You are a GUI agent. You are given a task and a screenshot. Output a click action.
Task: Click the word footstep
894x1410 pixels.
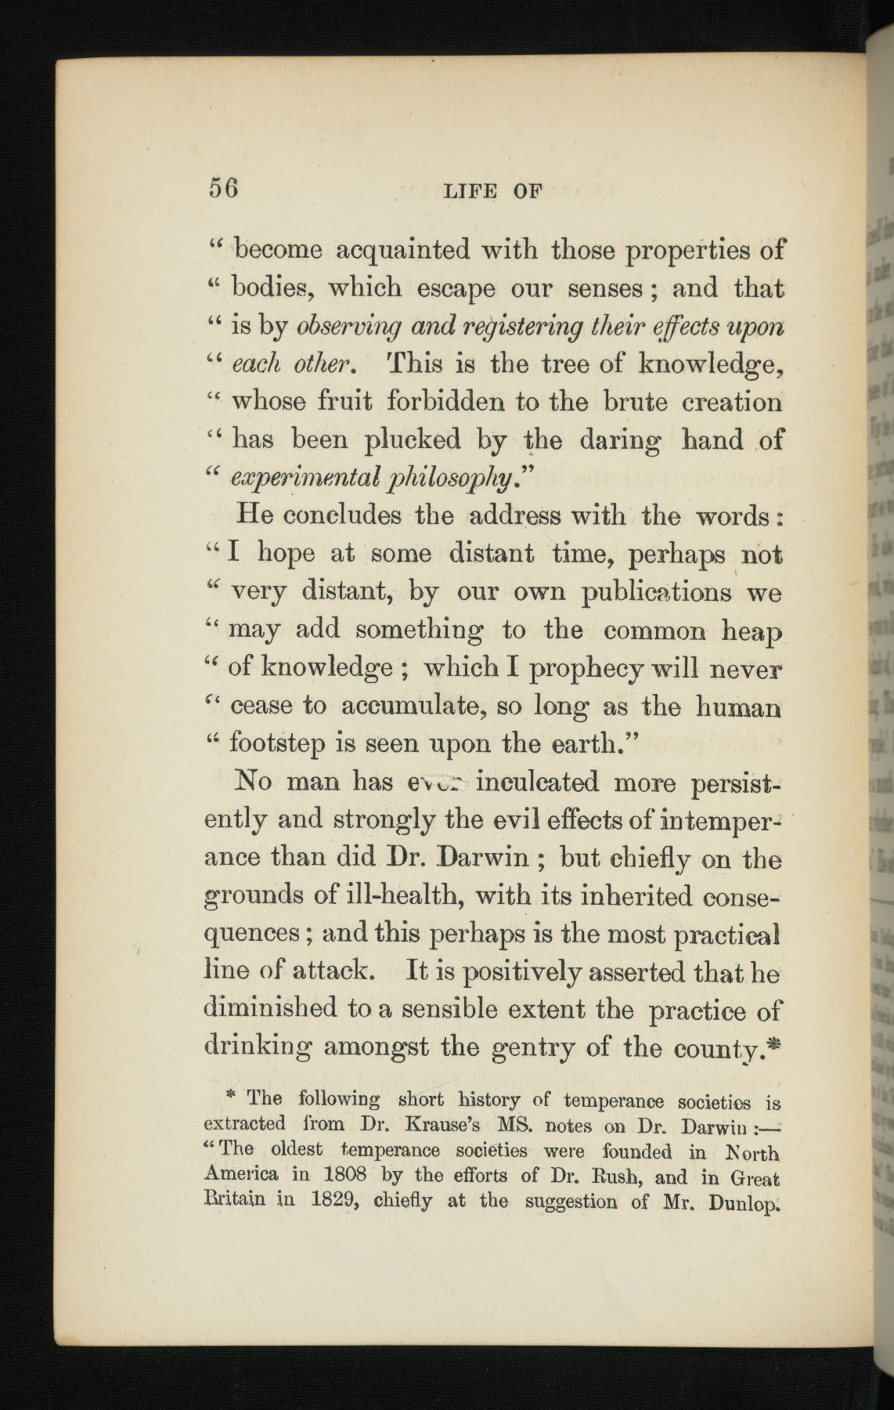pos(278,743)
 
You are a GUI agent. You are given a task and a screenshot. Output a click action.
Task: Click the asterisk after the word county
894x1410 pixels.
pos(776,1043)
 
